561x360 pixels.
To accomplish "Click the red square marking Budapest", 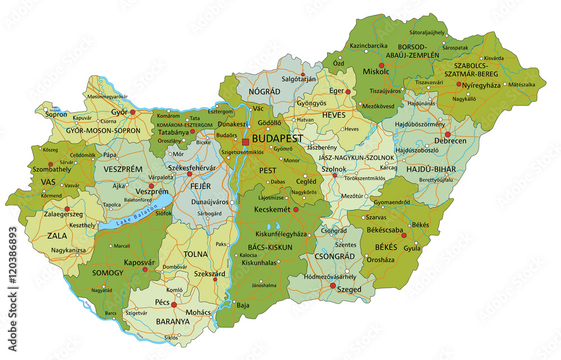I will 245,142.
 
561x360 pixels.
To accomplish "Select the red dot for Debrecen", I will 448,135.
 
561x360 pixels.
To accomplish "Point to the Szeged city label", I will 350,289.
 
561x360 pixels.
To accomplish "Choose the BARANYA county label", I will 173,321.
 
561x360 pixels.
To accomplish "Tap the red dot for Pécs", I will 174,305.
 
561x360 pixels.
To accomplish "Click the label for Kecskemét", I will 272,209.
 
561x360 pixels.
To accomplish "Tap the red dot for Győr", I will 133,112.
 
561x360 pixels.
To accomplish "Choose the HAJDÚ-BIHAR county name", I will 430,169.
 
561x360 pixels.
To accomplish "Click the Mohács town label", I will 199,312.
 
